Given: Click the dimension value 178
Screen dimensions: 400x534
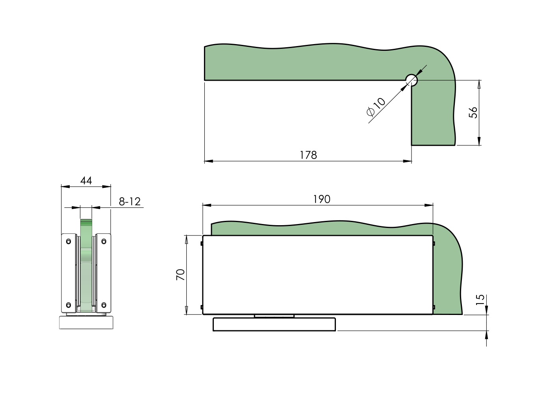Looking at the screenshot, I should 308,155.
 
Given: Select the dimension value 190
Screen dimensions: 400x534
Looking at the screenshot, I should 321,199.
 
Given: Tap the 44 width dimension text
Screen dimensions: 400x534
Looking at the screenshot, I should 86,181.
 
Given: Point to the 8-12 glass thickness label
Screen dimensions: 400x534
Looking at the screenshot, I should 130,202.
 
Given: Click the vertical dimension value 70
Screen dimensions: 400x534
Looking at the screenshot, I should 180,274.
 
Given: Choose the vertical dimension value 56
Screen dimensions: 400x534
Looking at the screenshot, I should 473,112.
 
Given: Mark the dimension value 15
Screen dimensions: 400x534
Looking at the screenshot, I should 480,300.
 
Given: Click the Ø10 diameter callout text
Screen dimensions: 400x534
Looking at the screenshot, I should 376,107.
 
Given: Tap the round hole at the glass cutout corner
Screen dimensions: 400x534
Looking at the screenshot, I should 412,80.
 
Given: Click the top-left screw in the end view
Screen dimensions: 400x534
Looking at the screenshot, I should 69,241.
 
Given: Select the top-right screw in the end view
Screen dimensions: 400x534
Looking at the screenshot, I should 104,241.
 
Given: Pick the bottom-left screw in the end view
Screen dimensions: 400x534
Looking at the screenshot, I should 69,305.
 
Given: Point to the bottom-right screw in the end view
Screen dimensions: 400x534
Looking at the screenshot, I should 104,305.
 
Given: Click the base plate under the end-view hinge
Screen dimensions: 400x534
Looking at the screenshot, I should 86,322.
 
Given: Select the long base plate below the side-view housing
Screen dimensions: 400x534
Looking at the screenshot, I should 274,324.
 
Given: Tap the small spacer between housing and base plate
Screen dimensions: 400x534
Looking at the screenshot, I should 274,316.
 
